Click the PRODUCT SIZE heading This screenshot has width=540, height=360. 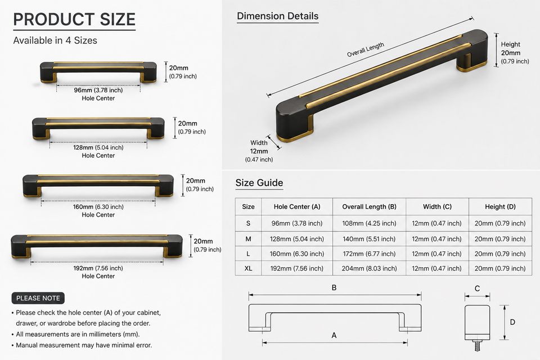tap(74, 19)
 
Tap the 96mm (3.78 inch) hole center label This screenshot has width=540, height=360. tap(98, 90)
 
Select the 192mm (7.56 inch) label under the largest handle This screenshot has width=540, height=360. tap(98, 268)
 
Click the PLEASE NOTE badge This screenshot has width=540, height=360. tap(38, 298)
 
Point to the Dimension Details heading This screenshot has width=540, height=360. tap(277, 16)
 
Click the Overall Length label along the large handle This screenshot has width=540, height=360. tap(366, 50)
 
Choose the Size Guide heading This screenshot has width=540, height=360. tap(259, 183)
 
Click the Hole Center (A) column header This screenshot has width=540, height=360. tap(297, 206)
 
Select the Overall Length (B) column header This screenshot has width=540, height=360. tap(369, 206)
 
